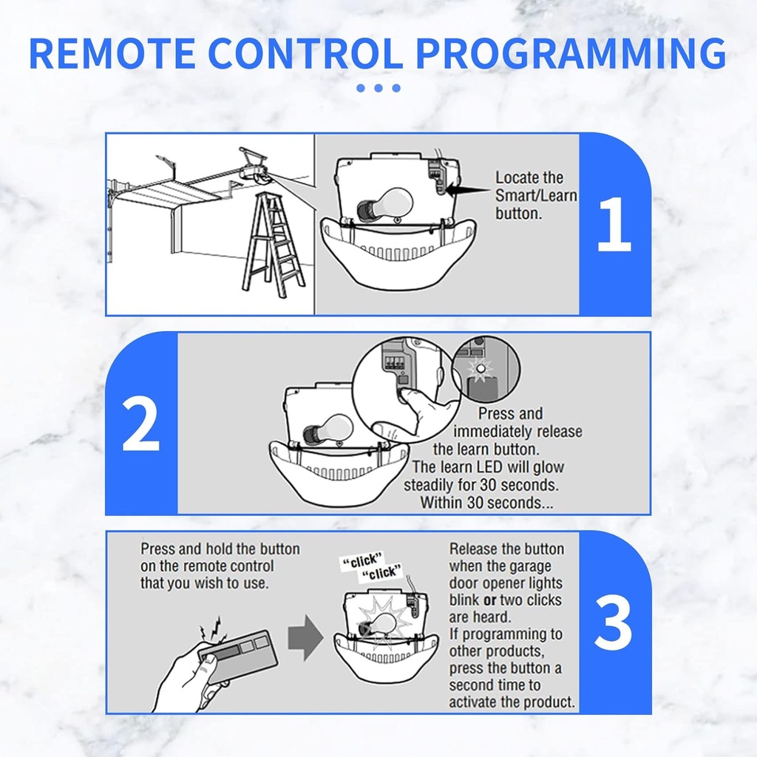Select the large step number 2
[140, 424]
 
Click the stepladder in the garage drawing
[275, 244]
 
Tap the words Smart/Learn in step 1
[536, 196]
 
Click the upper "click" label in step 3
[363, 561]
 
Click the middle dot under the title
[378, 88]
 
